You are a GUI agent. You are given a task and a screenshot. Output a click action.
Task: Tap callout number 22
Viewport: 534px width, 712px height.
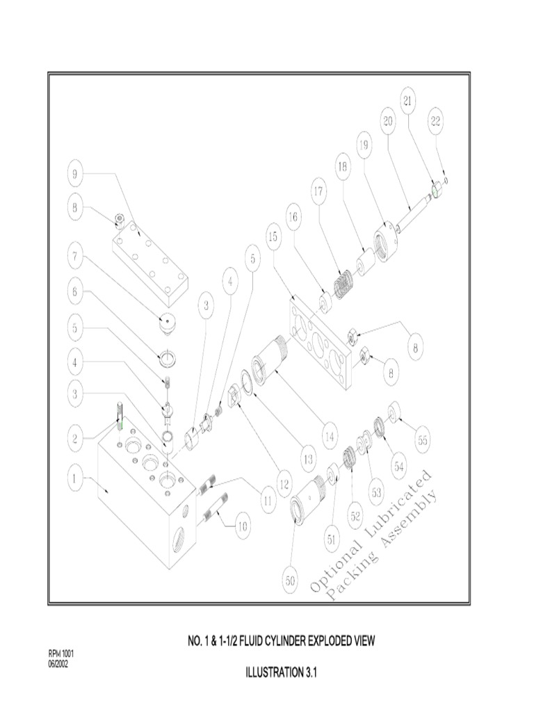[x=436, y=122]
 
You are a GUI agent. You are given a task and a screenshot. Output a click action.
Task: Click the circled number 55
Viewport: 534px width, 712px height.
[x=422, y=439]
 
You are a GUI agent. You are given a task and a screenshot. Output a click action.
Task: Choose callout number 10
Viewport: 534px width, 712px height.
[x=241, y=526]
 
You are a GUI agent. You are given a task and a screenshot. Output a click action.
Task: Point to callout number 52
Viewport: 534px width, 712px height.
[x=355, y=515]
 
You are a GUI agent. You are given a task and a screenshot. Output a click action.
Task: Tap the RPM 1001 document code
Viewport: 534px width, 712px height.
[x=60, y=654]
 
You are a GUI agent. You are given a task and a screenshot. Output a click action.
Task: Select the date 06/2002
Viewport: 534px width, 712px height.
[x=58, y=663]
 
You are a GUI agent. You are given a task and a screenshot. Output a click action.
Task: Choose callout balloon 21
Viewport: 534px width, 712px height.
[x=408, y=100]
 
